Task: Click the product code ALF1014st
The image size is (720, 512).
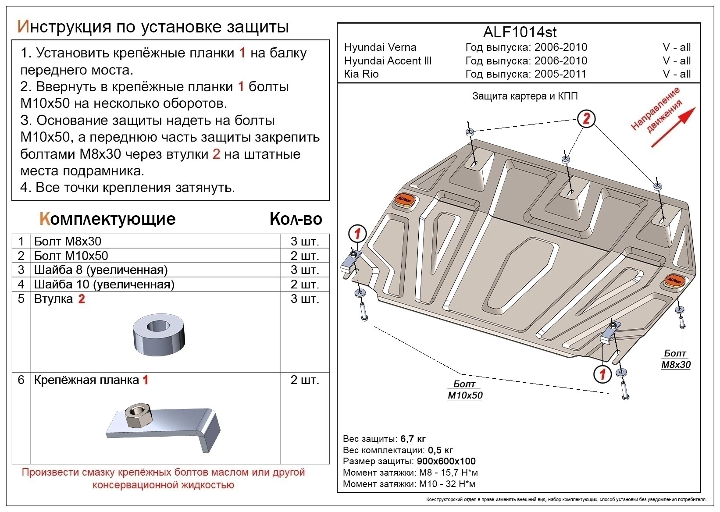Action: tap(520, 32)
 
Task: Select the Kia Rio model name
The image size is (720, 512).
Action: tap(361, 74)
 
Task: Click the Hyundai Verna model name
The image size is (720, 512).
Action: tap(380, 47)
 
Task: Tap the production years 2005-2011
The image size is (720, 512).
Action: tap(560, 74)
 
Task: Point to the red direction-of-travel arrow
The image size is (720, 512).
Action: tap(673, 127)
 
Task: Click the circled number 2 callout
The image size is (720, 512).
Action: tap(586, 118)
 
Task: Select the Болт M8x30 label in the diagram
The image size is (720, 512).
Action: tap(675, 359)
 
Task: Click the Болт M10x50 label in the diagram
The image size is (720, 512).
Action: tap(465, 390)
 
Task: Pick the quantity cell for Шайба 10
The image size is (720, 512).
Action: tap(304, 284)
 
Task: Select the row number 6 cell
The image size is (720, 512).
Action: tap(21, 380)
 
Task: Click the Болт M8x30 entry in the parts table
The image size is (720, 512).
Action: tap(68, 242)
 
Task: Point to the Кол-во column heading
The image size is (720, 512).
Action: tap(296, 219)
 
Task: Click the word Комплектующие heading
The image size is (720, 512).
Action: tap(107, 219)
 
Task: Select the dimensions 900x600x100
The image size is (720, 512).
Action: tap(446, 461)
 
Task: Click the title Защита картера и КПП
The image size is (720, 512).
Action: tap(524, 96)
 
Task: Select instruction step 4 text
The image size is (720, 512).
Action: tap(128, 188)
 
